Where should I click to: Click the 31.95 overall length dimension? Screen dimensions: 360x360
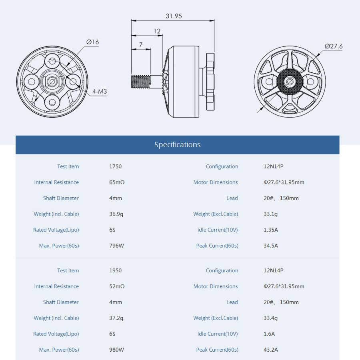click(x=174, y=16)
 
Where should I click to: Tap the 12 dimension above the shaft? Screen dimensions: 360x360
click(x=157, y=31)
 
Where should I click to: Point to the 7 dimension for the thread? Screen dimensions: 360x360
click(x=141, y=44)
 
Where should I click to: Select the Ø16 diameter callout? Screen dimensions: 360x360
click(x=92, y=42)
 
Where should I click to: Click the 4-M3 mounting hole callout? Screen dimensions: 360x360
click(x=100, y=91)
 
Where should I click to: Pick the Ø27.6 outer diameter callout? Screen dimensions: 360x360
click(x=334, y=46)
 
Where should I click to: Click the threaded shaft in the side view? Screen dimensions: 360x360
click(x=141, y=82)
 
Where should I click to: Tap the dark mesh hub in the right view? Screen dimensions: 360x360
click(x=290, y=81)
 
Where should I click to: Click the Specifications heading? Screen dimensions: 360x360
click(x=178, y=145)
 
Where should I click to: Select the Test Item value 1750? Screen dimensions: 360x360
click(x=116, y=166)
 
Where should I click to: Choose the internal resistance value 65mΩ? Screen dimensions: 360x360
click(x=117, y=182)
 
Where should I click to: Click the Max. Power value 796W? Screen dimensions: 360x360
click(x=117, y=246)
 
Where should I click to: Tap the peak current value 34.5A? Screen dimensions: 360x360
click(x=271, y=246)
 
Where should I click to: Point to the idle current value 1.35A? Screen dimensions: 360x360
click(x=271, y=230)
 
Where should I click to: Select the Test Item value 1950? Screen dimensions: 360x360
click(x=116, y=270)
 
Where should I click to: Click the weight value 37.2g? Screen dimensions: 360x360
click(x=116, y=318)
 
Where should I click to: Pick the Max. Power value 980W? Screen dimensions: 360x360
click(x=117, y=350)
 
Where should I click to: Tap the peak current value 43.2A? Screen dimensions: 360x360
click(x=271, y=350)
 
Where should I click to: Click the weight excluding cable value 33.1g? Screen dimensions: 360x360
click(x=270, y=214)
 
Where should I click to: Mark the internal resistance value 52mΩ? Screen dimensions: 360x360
click(x=117, y=286)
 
